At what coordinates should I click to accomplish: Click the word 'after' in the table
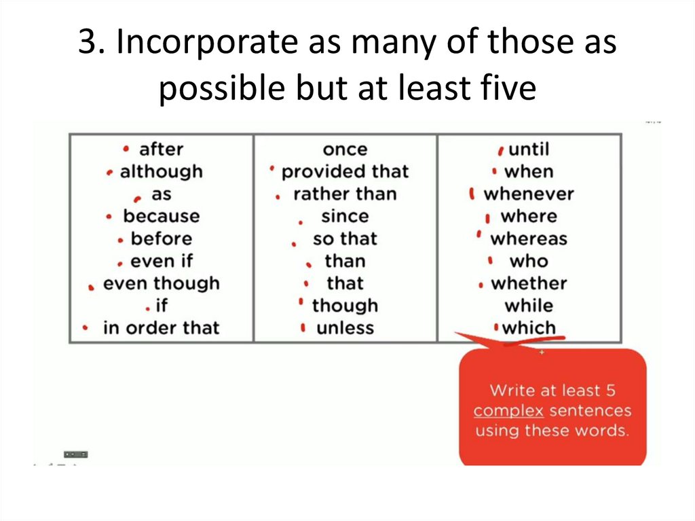pyautogui.click(x=161, y=149)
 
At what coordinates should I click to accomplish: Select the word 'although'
pyautogui.click(x=161, y=171)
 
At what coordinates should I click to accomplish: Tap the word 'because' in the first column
pyautogui.click(x=161, y=216)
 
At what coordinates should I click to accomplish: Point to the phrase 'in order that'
pyautogui.click(x=161, y=328)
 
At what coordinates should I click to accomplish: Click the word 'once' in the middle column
pyautogui.click(x=345, y=149)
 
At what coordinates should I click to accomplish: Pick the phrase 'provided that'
pyautogui.click(x=345, y=171)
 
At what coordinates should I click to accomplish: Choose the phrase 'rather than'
pyautogui.click(x=345, y=194)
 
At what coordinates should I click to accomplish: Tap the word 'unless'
pyautogui.click(x=345, y=328)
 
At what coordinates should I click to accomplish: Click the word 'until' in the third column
pyautogui.click(x=529, y=149)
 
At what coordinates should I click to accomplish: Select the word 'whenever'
pyautogui.click(x=529, y=194)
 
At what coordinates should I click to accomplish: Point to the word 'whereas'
pyautogui.click(x=529, y=238)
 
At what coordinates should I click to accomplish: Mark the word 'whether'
pyautogui.click(x=529, y=283)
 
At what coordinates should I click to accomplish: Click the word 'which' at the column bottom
pyautogui.click(x=529, y=328)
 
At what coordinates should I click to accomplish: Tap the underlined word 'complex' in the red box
pyautogui.click(x=508, y=411)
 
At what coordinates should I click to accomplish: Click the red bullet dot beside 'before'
pyautogui.click(x=120, y=240)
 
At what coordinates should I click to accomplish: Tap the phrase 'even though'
pyautogui.click(x=161, y=283)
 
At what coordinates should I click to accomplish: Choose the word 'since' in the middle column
pyautogui.click(x=345, y=216)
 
